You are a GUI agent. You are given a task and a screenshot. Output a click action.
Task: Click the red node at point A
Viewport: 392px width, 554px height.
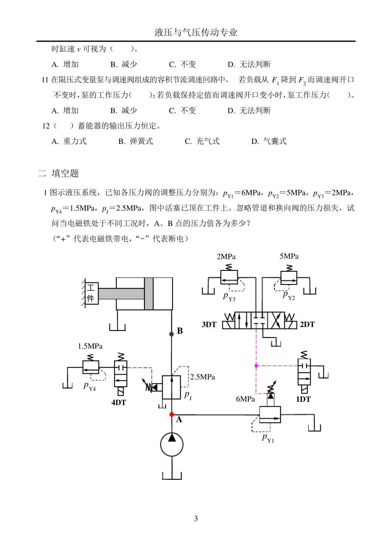click(172, 414)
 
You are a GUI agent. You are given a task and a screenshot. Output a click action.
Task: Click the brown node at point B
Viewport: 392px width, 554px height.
click(172, 334)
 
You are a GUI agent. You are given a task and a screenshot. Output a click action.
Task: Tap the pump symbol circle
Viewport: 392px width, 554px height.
click(172, 444)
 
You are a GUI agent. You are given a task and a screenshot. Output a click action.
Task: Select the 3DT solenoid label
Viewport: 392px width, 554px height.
click(209, 324)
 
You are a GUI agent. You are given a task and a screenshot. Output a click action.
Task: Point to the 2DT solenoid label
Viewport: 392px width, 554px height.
click(307, 324)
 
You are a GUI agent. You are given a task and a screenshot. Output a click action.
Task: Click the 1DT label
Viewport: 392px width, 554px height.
click(303, 399)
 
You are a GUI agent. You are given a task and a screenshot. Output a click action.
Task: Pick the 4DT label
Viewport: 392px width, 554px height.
click(118, 402)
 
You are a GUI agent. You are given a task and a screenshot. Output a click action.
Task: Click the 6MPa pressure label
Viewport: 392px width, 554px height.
click(246, 399)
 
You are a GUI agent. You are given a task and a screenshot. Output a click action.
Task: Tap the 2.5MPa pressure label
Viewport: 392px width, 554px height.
click(202, 377)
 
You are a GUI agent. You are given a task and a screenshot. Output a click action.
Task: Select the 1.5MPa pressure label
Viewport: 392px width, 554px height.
click(90, 346)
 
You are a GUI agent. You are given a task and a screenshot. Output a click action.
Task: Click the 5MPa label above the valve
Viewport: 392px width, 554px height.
click(289, 256)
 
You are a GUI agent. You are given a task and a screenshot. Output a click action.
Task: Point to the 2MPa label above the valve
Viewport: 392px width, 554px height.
click(226, 256)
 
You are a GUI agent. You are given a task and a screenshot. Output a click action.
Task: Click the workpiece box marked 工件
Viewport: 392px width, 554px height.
click(91, 293)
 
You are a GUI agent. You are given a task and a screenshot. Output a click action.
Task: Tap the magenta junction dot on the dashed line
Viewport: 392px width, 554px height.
click(256, 366)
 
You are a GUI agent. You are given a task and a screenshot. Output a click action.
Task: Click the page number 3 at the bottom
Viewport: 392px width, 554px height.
click(196, 519)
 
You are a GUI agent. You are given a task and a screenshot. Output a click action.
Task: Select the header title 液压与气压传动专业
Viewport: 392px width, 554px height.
click(196, 33)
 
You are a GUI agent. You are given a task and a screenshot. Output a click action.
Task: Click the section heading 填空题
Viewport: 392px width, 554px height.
click(65, 174)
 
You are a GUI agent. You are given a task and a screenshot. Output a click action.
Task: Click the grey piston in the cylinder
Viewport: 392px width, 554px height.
click(149, 293)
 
